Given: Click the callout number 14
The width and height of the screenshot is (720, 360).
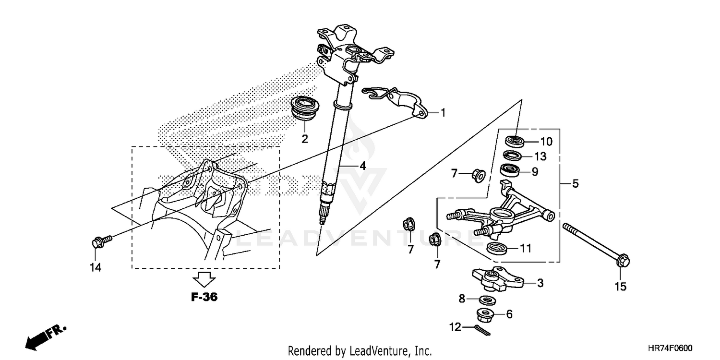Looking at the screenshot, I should [96, 267].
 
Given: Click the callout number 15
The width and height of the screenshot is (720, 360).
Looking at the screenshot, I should [621, 287].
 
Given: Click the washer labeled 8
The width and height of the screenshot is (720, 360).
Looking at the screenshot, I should [488, 300].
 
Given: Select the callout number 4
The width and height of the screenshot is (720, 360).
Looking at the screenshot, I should [362, 166].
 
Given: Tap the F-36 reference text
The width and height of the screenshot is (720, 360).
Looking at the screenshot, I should [204, 297].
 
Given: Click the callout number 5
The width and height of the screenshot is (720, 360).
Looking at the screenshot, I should [575, 183].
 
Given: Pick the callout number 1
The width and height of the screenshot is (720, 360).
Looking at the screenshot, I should [443, 113].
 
